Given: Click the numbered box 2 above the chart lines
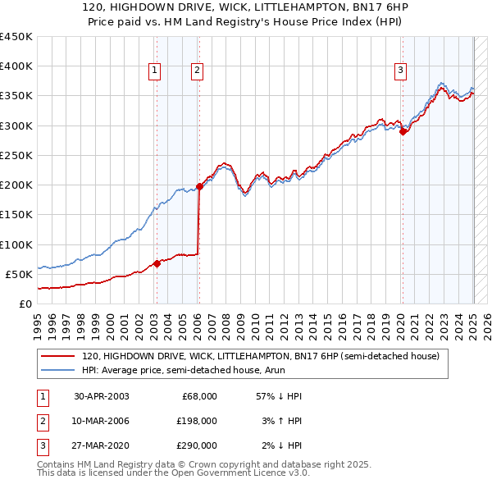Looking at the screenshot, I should click(198, 71).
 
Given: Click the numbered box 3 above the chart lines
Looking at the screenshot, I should click(401, 71).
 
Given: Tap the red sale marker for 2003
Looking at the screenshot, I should click(157, 263).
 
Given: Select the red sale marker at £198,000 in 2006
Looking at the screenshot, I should click(199, 186).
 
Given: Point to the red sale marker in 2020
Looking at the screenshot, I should click(403, 131).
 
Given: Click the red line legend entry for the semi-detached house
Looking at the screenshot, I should click(261, 356).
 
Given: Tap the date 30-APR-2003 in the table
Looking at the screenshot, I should click(102, 396).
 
